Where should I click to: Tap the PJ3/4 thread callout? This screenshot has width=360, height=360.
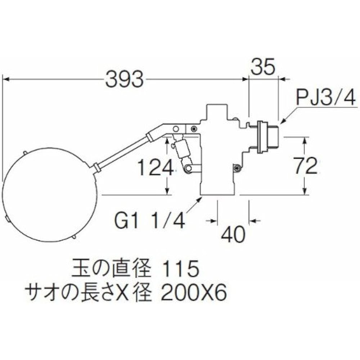pyautogui.click(x=326, y=97)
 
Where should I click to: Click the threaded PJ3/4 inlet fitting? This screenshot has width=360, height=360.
pyautogui.click(x=266, y=137)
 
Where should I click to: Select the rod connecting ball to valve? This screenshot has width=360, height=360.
pyautogui.click(x=122, y=151)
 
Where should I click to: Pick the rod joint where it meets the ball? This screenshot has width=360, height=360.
pyautogui.click(x=96, y=167)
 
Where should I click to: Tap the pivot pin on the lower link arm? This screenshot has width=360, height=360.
pyautogui.click(x=188, y=168)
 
